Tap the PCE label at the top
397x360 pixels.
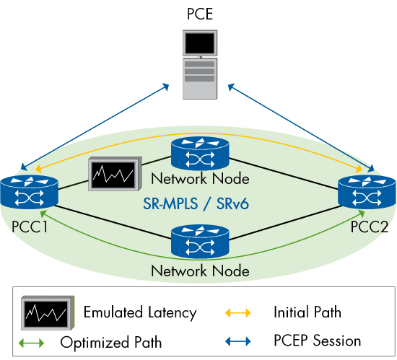coord(198,12)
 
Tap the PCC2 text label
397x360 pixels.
coord(369,227)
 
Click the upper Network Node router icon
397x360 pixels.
coord(199,153)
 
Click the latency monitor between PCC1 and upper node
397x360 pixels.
coord(113,175)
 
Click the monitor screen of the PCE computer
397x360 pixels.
coord(198,45)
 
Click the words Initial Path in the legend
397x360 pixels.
coord(307,312)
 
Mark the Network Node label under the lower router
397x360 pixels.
coord(200,271)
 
